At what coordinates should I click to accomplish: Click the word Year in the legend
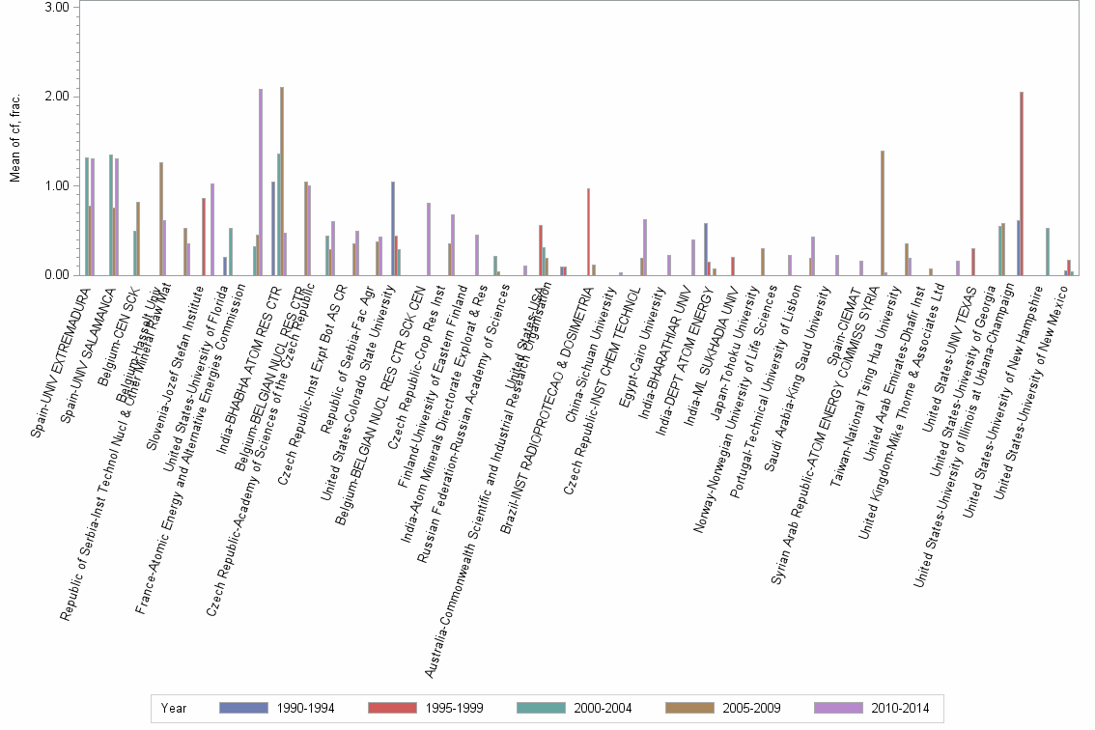[x=175, y=708]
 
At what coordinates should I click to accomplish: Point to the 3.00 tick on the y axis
[x=57, y=7]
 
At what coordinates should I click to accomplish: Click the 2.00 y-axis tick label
[x=57, y=97]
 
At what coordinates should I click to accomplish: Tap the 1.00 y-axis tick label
[x=57, y=185]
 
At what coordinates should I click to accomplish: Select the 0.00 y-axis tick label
[x=57, y=275]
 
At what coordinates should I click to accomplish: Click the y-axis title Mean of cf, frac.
[x=14, y=141]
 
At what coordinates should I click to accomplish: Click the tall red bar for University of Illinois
[x=1022, y=183]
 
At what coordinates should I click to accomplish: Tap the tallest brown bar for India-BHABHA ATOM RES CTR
[x=282, y=181]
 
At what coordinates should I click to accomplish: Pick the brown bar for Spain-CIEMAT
[x=882, y=212]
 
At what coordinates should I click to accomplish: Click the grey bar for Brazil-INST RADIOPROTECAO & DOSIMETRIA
[x=588, y=232]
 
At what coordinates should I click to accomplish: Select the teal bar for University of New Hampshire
[x=1048, y=251]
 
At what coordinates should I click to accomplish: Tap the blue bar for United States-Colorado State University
[x=393, y=228]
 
